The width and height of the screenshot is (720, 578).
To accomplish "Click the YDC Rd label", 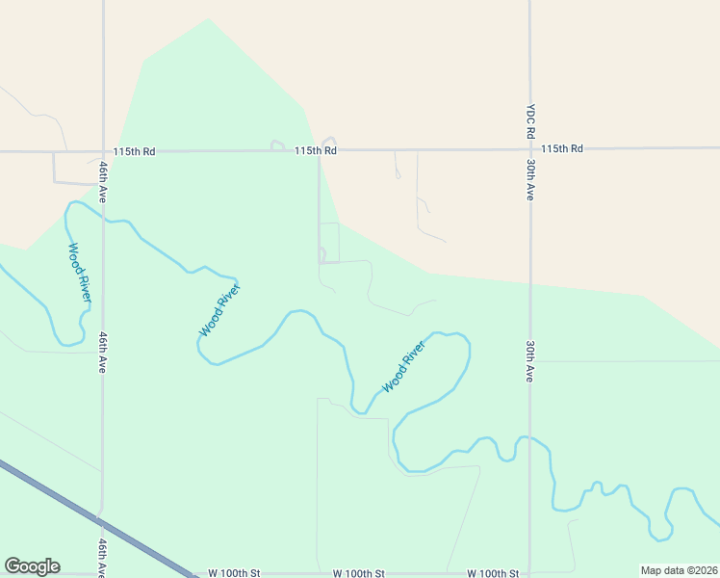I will click(x=529, y=121).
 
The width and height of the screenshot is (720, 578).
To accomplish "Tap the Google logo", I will click(x=32, y=566).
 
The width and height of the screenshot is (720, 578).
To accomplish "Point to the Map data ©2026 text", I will click(x=680, y=570).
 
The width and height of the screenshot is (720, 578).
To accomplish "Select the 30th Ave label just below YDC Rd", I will click(x=529, y=180).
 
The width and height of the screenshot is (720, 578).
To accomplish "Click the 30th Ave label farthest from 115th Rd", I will click(x=529, y=361).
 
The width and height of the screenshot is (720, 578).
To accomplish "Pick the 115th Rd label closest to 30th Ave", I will click(x=562, y=149).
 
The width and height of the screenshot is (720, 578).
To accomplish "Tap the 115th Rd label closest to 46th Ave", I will click(x=134, y=151).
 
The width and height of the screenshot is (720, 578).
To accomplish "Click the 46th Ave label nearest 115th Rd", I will click(x=102, y=180).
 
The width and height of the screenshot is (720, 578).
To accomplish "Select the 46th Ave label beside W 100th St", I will click(x=102, y=558).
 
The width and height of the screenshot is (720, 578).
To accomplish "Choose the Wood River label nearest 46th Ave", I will click(x=79, y=274).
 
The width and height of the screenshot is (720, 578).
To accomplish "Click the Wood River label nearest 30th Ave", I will click(x=403, y=367).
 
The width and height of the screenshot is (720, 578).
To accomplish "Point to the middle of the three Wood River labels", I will click(x=219, y=308).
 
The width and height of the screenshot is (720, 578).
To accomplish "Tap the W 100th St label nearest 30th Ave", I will click(x=493, y=573).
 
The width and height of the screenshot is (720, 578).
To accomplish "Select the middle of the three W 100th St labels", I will click(x=359, y=573).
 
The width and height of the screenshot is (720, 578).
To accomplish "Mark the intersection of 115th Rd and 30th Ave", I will click(x=529, y=149).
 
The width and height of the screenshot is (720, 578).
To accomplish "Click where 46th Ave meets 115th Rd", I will click(x=102, y=151).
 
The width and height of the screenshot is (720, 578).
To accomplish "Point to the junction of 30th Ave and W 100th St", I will click(x=529, y=573).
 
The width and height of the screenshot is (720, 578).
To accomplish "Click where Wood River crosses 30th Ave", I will click(x=529, y=439).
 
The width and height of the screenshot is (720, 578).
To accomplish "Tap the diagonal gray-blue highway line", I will click(x=96, y=520).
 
